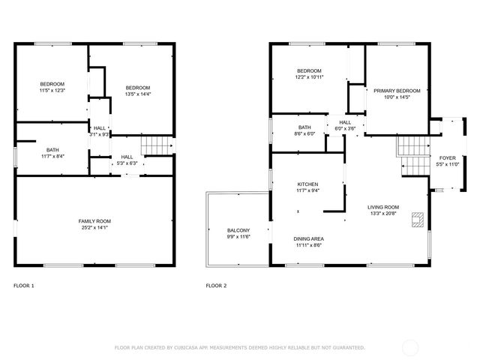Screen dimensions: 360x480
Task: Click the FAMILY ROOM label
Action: [95, 221]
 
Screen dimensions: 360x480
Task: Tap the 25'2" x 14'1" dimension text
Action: [95, 227]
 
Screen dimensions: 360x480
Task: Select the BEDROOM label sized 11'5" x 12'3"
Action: [52, 83]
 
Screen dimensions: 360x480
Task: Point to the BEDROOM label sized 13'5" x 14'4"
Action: [138, 87]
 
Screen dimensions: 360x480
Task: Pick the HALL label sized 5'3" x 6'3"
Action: [127, 157]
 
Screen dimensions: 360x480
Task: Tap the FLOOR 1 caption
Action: [24, 286]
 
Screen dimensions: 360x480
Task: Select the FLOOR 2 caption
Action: [217, 286]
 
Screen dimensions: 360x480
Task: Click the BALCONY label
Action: [238, 230]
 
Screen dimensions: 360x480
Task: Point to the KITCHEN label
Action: [308, 184]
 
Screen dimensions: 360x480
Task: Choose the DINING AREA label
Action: [308, 238]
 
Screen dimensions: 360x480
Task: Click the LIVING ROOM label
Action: [382, 207]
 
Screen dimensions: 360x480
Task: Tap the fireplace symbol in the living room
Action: [417, 220]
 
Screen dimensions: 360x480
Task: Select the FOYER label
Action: [447, 157]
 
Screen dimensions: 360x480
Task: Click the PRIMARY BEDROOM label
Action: [397, 91]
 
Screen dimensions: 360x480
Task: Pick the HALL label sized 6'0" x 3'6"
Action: [344, 122]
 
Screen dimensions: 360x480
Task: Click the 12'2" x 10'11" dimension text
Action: [308, 77]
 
